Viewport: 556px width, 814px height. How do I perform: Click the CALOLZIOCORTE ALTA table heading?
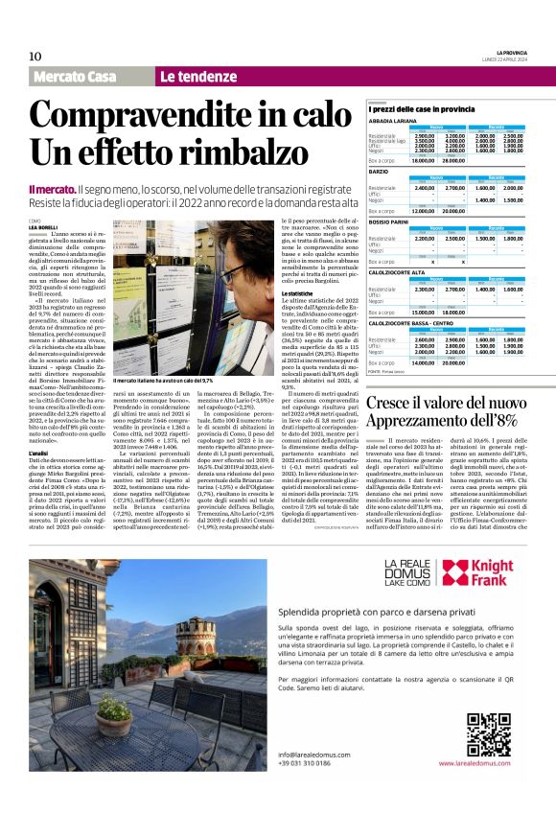[398, 272]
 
